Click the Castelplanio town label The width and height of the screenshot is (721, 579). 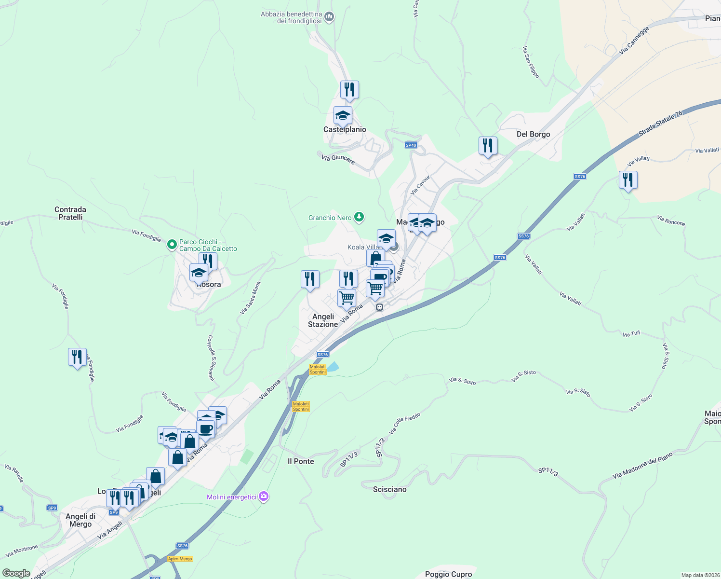345,129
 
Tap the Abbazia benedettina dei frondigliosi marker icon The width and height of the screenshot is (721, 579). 330,17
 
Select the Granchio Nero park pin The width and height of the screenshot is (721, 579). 359,217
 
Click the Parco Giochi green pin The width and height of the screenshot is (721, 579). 172,245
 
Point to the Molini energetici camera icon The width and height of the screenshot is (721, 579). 263,496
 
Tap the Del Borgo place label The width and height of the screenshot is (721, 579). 533,134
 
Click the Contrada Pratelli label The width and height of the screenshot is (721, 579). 70,213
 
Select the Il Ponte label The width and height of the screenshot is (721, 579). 301,461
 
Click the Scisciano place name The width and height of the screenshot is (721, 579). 390,489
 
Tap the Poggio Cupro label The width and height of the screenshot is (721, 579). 448,574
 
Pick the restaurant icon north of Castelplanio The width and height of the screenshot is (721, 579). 349,90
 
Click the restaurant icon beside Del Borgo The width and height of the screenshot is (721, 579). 488,146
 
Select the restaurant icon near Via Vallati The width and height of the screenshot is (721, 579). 628,180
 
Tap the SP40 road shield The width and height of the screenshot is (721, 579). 411,145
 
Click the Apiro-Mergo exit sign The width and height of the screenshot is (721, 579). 180,559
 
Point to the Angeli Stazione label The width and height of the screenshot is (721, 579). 323,320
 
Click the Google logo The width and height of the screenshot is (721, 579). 16,573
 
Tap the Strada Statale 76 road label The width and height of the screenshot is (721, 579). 661,124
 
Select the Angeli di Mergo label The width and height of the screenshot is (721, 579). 80,520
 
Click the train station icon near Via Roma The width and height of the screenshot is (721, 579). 380,307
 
